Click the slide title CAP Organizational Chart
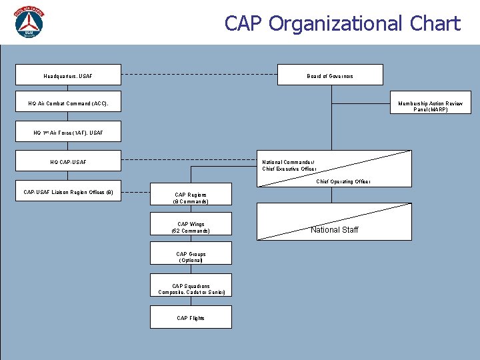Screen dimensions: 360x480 (342, 24)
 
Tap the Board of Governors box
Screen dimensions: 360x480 (330, 75)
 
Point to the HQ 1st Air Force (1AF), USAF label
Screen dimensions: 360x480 (68, 133)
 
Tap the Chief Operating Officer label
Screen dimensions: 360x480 (343, 181)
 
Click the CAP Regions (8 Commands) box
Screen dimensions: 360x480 (191, 198)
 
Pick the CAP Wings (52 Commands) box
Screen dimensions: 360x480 (191, 228)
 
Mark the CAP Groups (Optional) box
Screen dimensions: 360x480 (191, 257)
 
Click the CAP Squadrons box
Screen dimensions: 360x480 (191, 289)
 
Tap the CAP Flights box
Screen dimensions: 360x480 (191, 318)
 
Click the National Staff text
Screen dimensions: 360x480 (334, 230)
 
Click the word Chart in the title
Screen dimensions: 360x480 (431, 24)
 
